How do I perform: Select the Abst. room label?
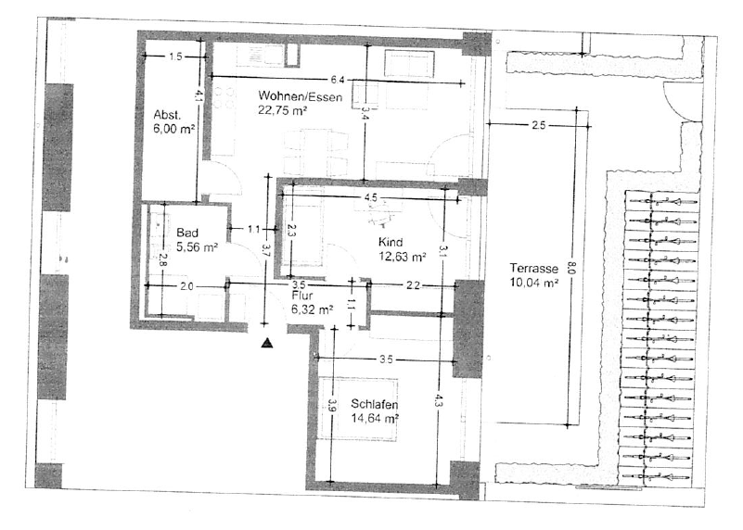click(x=166, y=115)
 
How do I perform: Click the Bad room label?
click(x=187, y=233)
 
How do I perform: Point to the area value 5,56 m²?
click(x=197, y=247)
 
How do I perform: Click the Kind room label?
click(x=391, y=243)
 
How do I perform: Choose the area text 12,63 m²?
click(x=402, y=257)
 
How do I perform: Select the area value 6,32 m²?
click(x=312, y=310)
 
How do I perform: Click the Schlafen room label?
click(x=376, y=405)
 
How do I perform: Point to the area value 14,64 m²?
click(x=375, y=419)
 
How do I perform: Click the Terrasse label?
click(x=533, y=269)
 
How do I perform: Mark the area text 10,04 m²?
click(x=533, y=284)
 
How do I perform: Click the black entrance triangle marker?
click(x=267, y=343)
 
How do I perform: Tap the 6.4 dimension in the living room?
click(x=337, y=79)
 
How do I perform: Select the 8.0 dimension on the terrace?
click(x=572, y=271)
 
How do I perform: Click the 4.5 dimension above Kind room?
click(x=370, y=197)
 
